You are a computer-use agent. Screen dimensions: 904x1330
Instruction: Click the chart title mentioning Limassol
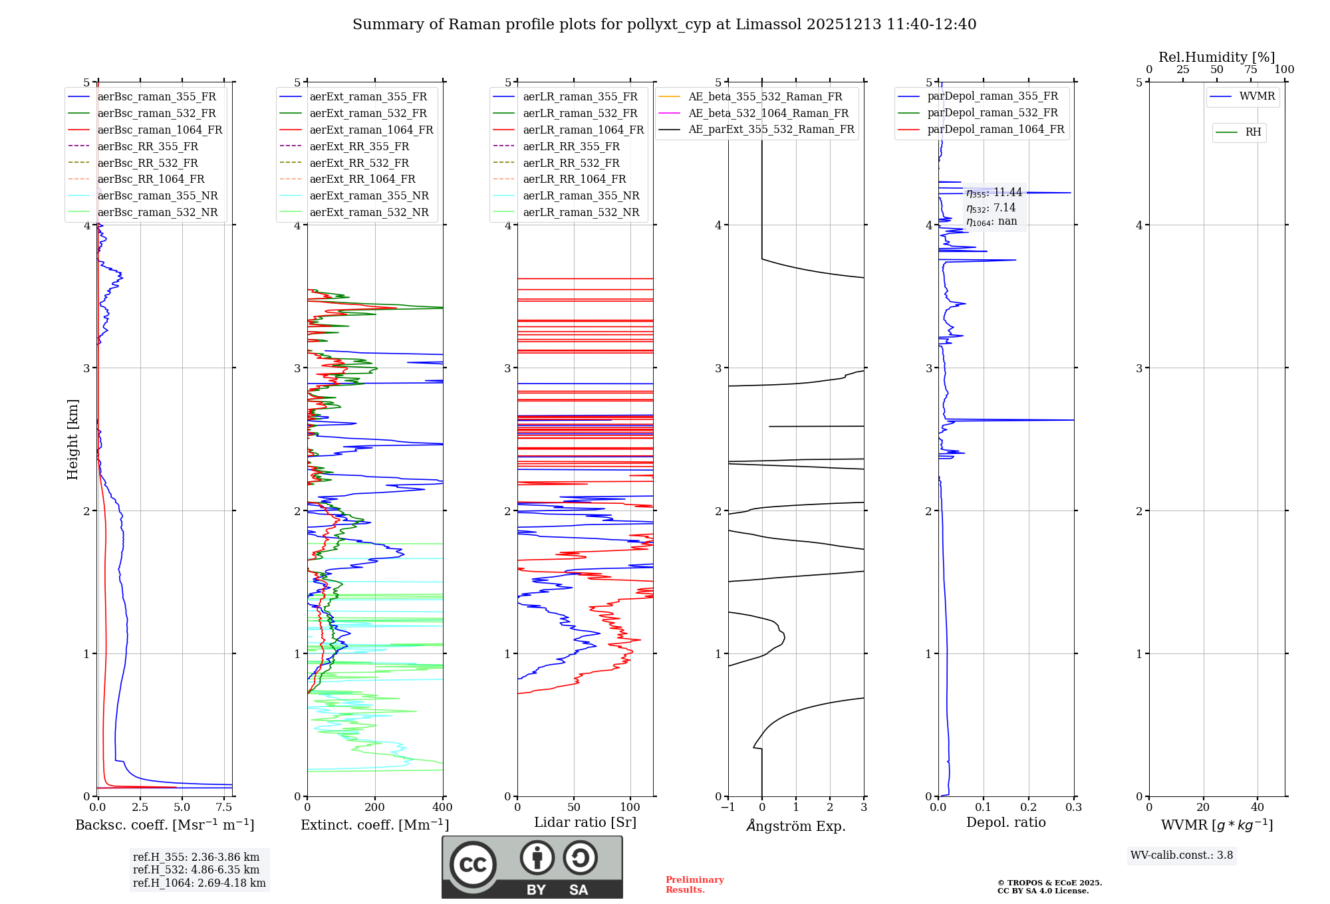[x=664, y=25]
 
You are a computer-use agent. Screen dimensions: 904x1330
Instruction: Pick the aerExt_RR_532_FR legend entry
[x=359, y=163]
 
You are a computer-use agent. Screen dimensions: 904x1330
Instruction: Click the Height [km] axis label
[x=72, y=439]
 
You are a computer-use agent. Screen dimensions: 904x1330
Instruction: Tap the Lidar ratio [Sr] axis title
[x=585, y=822]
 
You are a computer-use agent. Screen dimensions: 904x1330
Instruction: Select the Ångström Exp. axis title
[x=796, y=826]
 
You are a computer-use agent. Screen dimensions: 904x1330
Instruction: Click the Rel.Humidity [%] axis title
[x=1216, y=57]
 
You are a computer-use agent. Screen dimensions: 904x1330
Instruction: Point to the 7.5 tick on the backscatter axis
[x=224, y=808]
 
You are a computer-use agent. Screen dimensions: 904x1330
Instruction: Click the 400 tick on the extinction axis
[x=442, y=808]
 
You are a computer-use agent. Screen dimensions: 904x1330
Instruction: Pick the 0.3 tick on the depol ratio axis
[x=1073, y=808]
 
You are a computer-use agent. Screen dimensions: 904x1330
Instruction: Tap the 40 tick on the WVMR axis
[x=1257, y=808]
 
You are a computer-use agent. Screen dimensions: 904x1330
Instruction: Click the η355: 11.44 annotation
[x=994, y=193]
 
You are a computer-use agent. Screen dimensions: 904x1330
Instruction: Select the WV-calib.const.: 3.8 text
[x=1182, y=855]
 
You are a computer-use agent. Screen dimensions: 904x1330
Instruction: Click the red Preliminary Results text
[x=694, y=885]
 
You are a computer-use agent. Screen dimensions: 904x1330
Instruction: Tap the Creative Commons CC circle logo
[x=473, y=865]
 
